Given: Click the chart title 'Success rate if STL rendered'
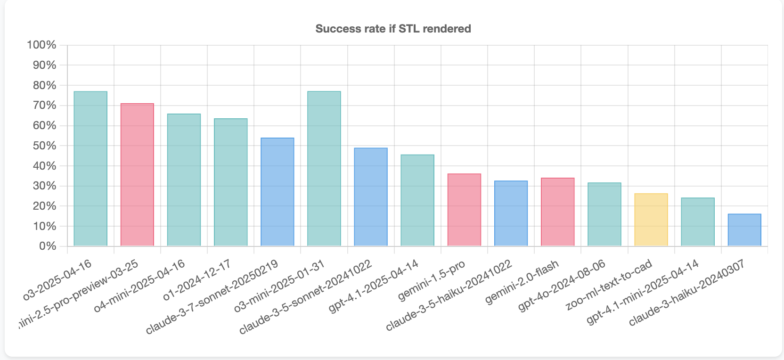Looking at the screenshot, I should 393,29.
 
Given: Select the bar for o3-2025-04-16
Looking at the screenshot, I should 90,169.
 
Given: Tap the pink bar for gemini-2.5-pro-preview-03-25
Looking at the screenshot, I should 137,175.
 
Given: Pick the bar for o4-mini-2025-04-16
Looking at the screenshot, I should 184,180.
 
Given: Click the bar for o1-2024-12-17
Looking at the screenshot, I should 230,182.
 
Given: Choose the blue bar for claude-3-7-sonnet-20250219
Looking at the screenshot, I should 277,192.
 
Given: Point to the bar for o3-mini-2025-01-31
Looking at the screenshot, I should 324,169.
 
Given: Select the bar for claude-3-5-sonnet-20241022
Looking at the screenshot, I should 370,197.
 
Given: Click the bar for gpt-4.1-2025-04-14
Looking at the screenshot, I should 417,200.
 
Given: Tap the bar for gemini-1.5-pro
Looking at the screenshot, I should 464,210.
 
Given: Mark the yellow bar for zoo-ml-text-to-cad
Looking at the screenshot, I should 651,220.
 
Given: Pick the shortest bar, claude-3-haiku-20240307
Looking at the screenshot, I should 744,230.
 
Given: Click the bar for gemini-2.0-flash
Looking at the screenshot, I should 557,212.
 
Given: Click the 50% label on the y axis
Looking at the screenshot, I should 44,146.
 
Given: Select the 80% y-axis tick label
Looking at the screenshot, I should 44,85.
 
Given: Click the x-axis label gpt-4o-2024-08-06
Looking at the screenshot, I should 562,285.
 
